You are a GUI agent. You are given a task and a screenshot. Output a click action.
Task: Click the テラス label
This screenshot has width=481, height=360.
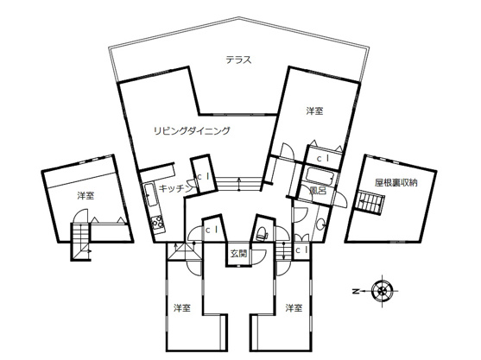coord(238,60)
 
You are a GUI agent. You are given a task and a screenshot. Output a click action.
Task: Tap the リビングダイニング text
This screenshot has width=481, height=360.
coord(192,131)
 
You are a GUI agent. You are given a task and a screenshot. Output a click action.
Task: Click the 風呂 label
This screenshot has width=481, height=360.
coord(316,190)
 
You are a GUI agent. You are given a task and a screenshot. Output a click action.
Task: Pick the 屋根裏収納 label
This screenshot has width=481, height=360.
coord(396,183)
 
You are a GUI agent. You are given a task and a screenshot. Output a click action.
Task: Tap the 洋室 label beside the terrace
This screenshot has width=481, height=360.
coord(314,111)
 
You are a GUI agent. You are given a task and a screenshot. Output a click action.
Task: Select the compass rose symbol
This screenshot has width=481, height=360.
coord(380,291)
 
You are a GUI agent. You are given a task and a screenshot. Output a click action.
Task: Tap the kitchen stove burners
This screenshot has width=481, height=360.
coord(157,224)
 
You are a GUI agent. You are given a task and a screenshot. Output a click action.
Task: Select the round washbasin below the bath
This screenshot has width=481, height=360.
coord(321,224)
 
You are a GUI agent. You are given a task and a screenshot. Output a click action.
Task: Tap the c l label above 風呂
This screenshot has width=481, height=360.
coord(323,159)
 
